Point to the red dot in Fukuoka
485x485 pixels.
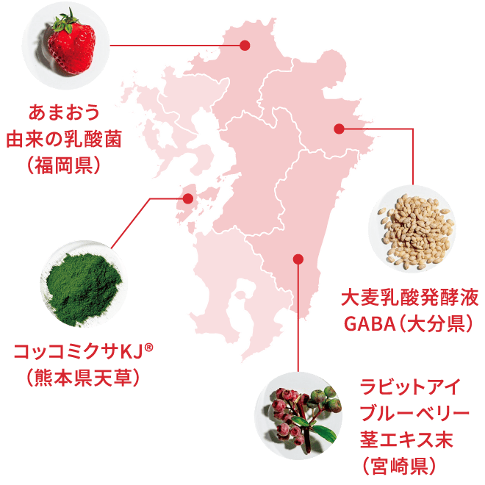(245, 46)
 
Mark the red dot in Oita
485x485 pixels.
(338, 129)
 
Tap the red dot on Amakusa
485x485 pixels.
(187, 198)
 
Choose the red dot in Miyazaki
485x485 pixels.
(298, 259)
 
